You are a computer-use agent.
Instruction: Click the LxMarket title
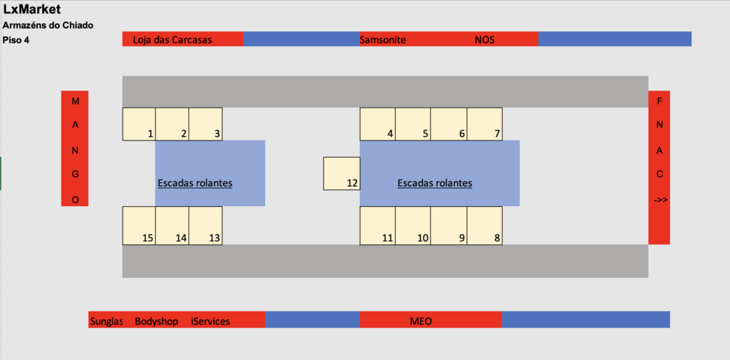pos(32,10)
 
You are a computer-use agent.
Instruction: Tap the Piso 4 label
pos(16,40)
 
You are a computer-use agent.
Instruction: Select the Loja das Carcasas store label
pos(173,40)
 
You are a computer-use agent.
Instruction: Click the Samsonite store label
pos(383,40)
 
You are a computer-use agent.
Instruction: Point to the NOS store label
pos(485,40)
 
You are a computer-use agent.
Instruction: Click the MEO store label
pos(421,321)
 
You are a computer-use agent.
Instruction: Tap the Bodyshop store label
pos(156,321)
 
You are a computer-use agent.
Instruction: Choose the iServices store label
pos(210,321)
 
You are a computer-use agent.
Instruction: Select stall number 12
pos(341,174)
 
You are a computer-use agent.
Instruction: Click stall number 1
pos(139,124)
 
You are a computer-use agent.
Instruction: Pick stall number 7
pos(485,124)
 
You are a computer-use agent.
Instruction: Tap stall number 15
pos(139,226)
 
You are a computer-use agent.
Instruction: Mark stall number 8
pos(485,226)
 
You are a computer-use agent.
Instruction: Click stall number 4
pos(378,124)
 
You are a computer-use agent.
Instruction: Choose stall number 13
pos(205,226)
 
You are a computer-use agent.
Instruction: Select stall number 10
pos(413,226)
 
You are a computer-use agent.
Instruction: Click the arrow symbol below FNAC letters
pos(660,200)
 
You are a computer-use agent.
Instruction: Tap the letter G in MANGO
pos(76,174)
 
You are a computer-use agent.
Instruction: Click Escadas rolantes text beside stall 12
pos(434,183)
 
